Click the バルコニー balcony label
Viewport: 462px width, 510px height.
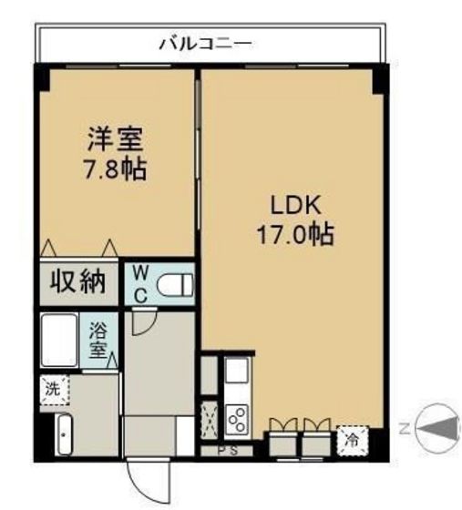click(x=204, y=42)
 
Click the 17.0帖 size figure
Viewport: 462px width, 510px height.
click(x=293, y=234)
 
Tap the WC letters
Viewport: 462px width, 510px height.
click(x=141, y=283)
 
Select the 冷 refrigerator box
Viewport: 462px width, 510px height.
click(x=351, y=439)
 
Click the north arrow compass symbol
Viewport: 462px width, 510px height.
click(x=439, y=426)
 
